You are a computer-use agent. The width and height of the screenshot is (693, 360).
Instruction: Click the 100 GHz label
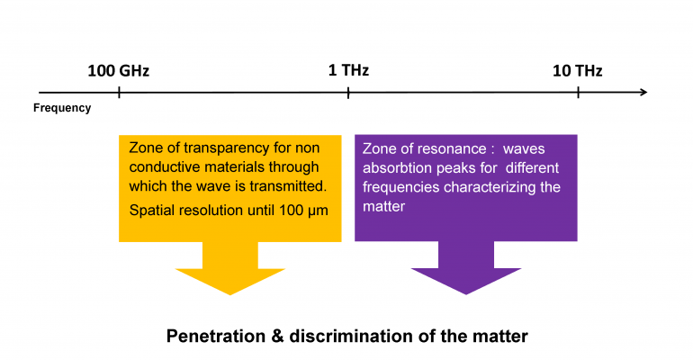click(119, 71)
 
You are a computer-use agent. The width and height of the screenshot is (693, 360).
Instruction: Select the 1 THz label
click(348, 70)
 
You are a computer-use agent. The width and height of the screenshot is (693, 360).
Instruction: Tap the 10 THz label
click(577, 71)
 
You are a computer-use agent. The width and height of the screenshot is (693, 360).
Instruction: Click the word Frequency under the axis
click(62, 108)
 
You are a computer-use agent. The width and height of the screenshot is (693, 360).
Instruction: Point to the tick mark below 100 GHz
click(119, 93)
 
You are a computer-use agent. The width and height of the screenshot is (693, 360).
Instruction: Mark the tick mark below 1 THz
click(348, 93)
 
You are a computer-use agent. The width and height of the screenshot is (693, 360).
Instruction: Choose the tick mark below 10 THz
click(578, 93)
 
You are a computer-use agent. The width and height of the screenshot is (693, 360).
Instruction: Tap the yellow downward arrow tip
click(230, 294)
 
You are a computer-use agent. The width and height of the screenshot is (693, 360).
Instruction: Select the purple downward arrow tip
click(466, 294)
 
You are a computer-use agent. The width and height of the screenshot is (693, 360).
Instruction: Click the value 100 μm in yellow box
click(303, 211)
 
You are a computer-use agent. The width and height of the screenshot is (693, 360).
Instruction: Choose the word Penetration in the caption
click(216, 336)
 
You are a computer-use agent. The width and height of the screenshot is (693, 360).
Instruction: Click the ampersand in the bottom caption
click(277, 336)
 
